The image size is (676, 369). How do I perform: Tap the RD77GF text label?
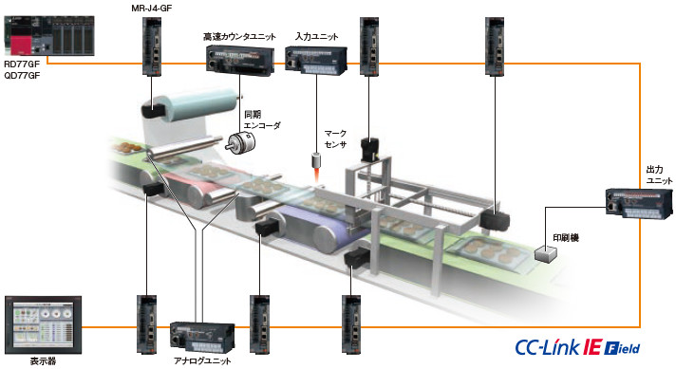21,65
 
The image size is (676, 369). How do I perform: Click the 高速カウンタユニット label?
239,36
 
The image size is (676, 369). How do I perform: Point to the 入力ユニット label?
312,36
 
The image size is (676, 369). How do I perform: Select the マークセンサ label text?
337,139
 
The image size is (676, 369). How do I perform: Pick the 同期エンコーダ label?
262,120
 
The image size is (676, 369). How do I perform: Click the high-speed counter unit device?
239,62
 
